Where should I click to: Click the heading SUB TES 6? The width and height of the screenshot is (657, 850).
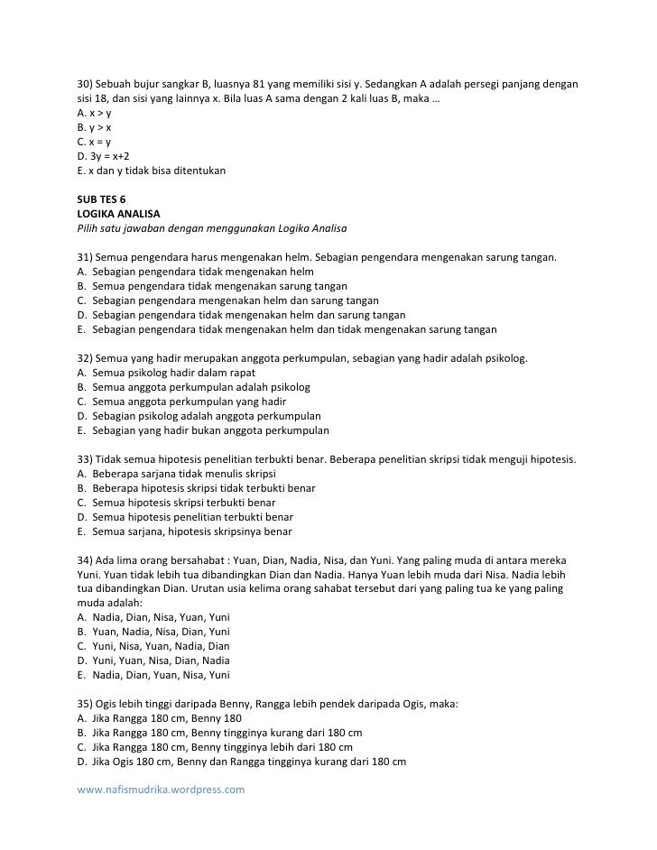click(x=100, y=200)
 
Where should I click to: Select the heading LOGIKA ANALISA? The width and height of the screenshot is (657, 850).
click(x=116, y=214)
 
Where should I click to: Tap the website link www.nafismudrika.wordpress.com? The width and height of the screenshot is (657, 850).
click(x=161, y=789)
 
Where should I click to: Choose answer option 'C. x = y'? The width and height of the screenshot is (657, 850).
click(x=94, y=142)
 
